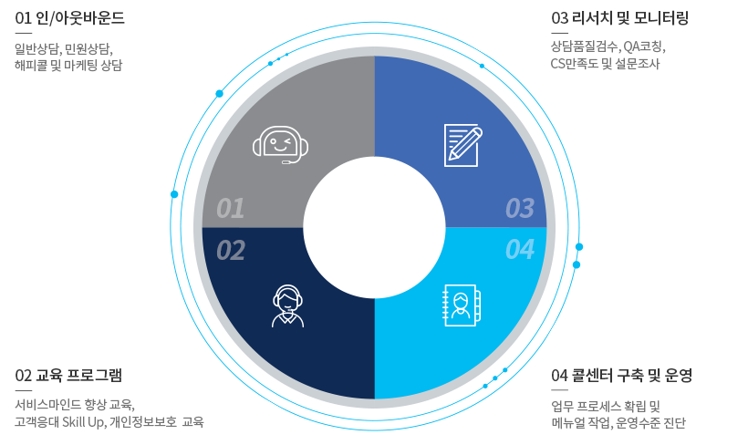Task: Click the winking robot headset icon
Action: click(281, 145)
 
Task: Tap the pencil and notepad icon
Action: click(462, 145)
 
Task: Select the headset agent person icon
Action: click(287, 305)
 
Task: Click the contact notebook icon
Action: click(462, 305)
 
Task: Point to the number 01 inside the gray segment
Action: click(231, 209)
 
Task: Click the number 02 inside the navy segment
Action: click(231, 251)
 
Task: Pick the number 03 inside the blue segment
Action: click(520, 209)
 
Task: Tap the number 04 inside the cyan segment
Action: click(520, 250)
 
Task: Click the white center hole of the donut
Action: click(375, 227)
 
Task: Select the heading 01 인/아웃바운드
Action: click(69, 18)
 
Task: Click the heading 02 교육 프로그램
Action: click(68, 376)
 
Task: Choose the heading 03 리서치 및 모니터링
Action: click(619, 18)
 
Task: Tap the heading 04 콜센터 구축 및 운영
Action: click(621, 376)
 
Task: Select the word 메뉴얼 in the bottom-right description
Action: click(568, 422)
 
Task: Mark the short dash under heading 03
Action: click(559, 34)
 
